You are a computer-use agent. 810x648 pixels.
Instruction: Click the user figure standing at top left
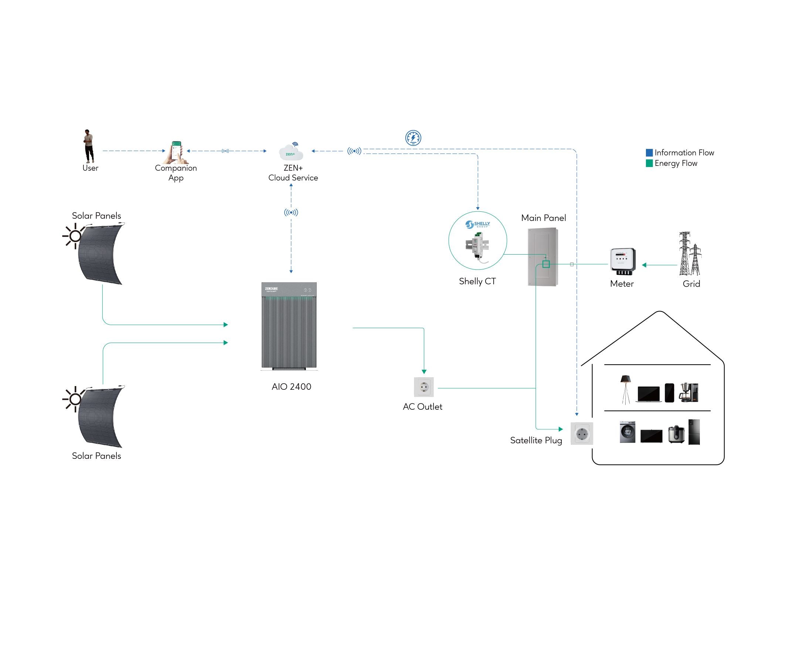(88, 147)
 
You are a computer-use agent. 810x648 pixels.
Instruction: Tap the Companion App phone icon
(176, 152)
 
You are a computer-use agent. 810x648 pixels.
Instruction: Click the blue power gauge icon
(413, 138)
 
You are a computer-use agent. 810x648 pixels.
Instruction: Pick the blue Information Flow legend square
(649, 153)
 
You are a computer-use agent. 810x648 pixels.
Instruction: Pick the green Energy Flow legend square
(649, 163)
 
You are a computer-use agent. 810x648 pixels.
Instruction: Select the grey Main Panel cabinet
(542, 257)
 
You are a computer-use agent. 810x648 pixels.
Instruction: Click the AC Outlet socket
(423, 387)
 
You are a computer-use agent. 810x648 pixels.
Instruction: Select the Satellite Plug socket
(582, 433)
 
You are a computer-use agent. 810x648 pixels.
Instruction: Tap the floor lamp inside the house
(625, 389)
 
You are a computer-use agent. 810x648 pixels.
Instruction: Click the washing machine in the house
(627, 432)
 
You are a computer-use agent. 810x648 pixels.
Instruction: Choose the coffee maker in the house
(688, 392)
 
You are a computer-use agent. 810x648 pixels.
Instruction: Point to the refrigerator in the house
(694, 432)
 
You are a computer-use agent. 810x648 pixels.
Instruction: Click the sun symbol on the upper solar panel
(75, 236)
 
